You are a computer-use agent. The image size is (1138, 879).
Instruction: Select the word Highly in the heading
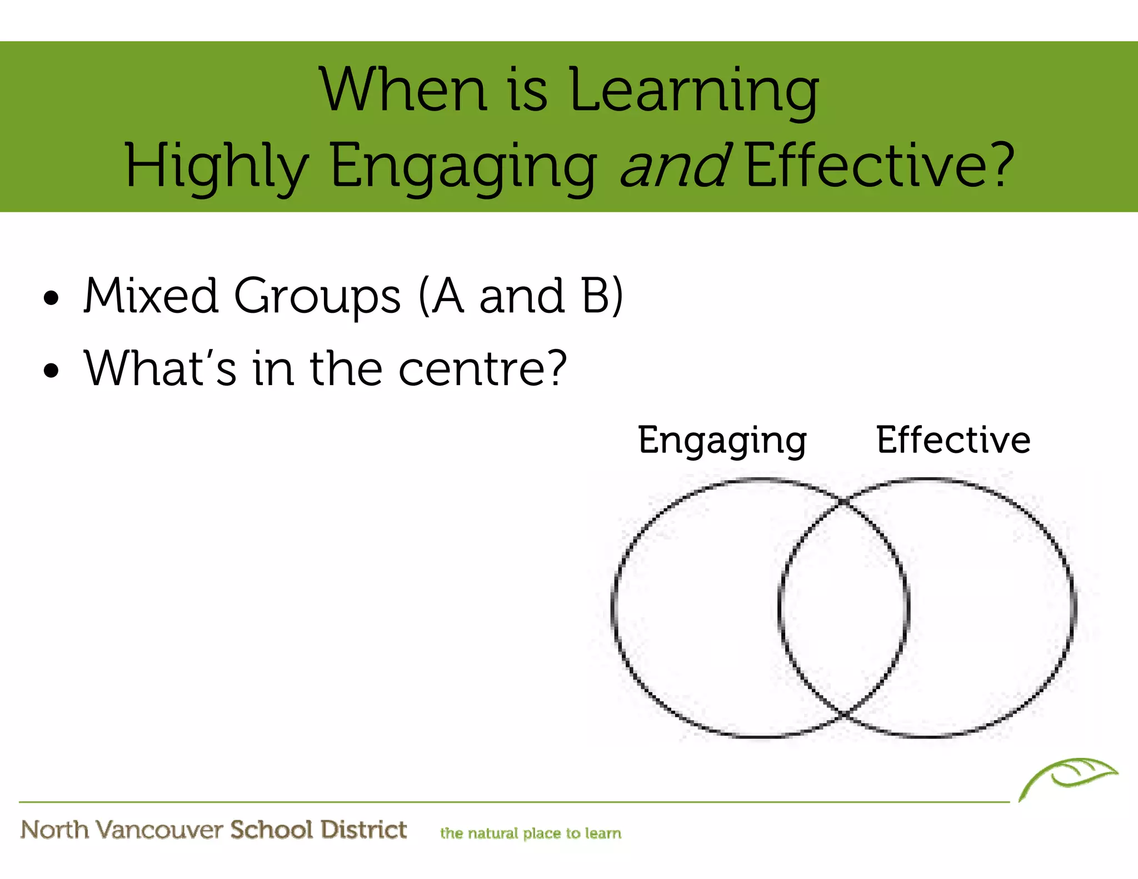(x=217, y=166)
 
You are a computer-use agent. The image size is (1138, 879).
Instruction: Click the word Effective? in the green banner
(x=880, y=164)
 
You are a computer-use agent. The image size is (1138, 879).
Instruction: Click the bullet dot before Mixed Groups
(x=51, y=298)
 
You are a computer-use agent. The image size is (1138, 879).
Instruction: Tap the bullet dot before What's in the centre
(x=51, y=371)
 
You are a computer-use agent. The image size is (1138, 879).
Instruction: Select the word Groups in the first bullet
(x=317, y=296)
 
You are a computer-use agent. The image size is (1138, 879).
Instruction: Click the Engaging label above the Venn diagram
(x=722, y=441)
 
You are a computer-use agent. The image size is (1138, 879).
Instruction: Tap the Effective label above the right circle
(x=954, y=439)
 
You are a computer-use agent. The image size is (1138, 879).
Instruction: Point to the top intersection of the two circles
(x=843, y=502)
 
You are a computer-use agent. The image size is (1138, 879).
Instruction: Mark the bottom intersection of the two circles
(x=843, y=713)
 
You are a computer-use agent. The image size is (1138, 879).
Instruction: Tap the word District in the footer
(x=364, y=830)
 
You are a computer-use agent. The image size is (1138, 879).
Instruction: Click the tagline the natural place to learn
(x=531, y=833)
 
